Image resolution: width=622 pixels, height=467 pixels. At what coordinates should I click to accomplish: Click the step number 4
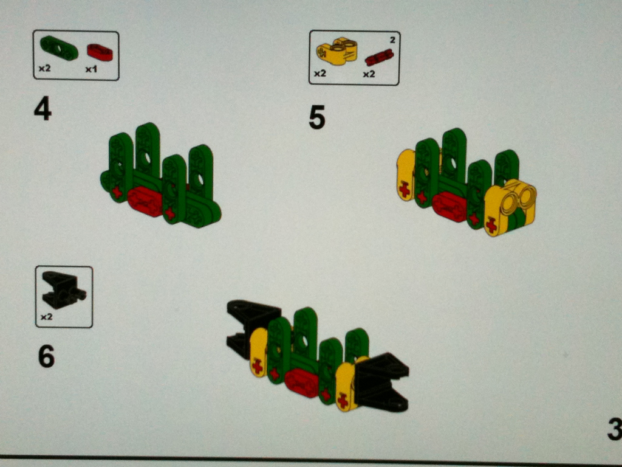[43, 109]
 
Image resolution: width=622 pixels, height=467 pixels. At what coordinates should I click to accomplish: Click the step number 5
[317, 117]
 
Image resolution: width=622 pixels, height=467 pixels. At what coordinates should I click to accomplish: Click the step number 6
[46, 356]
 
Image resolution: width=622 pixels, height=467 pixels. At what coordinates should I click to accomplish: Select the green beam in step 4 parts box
[59, 47]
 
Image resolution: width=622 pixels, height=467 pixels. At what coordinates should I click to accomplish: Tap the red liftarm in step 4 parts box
[100, 52]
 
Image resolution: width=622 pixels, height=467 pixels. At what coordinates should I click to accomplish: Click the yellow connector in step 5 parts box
[337, 51]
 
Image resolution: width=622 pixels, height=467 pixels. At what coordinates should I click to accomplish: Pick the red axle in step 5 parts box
[379, 58]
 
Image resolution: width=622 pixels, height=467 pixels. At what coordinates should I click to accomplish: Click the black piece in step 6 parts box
[63, 290]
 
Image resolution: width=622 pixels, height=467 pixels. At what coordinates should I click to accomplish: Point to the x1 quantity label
[91, 69]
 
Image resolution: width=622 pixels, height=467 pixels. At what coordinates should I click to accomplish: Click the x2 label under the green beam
[44, 68]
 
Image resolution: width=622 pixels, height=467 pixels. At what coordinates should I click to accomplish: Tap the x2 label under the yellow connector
[320, 74]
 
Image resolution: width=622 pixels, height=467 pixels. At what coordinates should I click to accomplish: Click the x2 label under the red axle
[369, 74]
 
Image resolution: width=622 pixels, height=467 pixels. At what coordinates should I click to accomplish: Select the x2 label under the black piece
[46, 317]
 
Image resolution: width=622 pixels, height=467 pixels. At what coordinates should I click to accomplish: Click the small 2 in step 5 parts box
[392, 40]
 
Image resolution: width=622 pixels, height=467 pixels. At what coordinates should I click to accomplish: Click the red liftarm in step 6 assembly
[301, 382]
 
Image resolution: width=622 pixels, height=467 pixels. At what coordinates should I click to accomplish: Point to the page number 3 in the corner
[615, 430]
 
